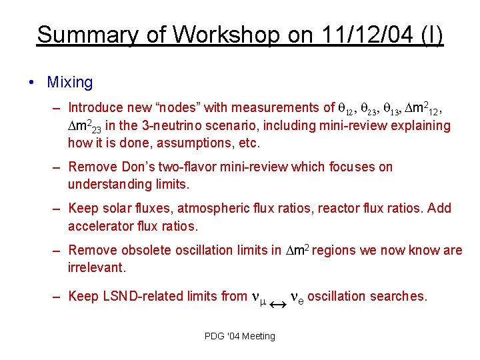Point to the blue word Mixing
[70, 83]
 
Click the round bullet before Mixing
[32, 83]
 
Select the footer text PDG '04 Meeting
[240, 336]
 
